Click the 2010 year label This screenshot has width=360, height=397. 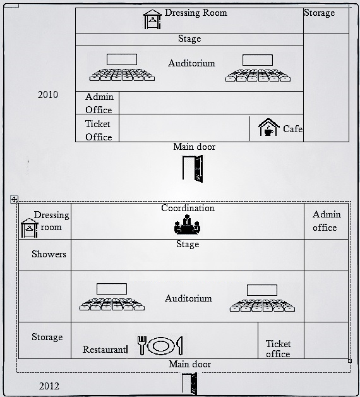[48, 95]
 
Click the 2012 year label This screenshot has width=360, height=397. [49, 386]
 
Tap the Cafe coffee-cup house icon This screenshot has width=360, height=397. [269, 127]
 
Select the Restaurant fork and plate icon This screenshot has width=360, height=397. [160, 345]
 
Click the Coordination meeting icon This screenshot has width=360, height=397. [187, 224]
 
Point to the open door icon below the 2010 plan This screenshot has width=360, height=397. [193, 169]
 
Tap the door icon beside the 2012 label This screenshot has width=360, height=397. [189, 384]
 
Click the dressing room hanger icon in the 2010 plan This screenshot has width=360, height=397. [152, 19]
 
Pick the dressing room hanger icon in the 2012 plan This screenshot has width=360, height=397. [29, 228]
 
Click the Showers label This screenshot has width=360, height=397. [49, 254]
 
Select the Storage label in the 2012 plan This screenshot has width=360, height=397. [47, 337]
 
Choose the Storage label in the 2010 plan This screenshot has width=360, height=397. [320, 13]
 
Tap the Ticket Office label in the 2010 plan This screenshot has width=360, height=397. [99, 130]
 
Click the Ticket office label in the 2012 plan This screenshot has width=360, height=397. [278, 349]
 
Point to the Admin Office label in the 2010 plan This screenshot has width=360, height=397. [99, 103]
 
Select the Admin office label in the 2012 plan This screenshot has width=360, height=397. [327, 221]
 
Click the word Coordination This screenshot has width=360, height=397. [188, 208]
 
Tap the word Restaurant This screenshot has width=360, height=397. [104, 350]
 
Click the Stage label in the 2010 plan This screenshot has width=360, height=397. [189, 39]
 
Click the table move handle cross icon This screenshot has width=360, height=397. [14, 200]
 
